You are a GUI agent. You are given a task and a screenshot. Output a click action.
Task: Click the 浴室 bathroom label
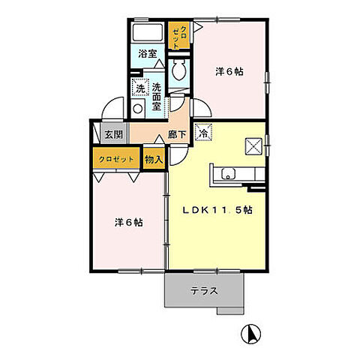(148, 53)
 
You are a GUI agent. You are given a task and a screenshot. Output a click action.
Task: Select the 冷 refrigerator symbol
(203, 133)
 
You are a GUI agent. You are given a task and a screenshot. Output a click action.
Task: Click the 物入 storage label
(154, 159)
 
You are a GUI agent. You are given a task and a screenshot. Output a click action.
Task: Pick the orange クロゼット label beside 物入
(116, 159)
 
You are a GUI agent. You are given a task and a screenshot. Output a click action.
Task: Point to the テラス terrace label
(203, 290)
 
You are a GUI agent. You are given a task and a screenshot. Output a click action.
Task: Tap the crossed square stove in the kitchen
(253, 145)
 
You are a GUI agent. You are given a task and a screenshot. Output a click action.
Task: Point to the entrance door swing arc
(111, 107)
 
